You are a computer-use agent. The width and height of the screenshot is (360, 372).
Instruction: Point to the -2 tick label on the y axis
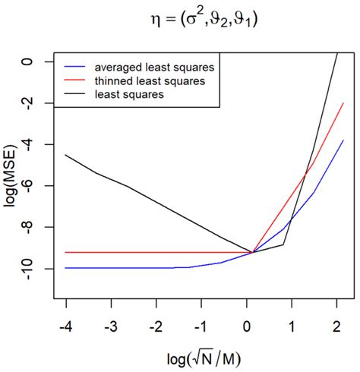pos(42,103)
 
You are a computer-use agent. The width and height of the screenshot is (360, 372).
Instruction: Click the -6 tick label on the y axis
pos(42,186)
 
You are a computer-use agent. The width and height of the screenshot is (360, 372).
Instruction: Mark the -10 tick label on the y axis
pos(42,269)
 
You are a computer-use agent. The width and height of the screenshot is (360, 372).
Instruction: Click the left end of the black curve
pos(66,155)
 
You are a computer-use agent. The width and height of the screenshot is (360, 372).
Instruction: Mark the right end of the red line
pos(343,102)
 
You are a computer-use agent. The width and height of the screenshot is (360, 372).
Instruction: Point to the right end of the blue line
pos(343,140)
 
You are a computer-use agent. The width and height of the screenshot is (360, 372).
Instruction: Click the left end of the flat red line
pos(66,252)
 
